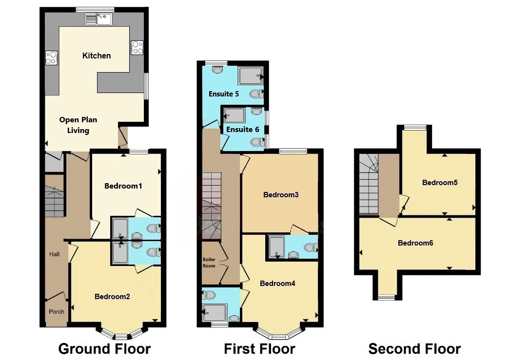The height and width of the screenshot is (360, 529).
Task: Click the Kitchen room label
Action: click(97, 56)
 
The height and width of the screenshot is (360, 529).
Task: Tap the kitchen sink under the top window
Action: click(99, 19)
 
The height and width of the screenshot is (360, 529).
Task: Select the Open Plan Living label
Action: click(78, 125)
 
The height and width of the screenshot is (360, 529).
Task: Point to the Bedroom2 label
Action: click(112, 296)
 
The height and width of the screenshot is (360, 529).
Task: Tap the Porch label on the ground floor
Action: click(57, 312)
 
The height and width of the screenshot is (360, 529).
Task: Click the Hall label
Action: click(54, 254)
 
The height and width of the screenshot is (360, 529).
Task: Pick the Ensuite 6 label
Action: click(242, 130)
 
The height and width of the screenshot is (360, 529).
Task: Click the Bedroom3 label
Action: click(281, 195)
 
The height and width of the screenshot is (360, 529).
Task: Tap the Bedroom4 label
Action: click(277, 284)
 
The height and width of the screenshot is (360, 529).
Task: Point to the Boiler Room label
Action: click(209, 263)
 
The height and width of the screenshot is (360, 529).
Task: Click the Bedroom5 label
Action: click(440, 183)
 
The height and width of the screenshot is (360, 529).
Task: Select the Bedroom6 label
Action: click(415, 243)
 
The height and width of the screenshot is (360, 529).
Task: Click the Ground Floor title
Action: click(104, 349)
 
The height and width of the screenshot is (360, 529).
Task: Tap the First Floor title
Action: click(259, 349)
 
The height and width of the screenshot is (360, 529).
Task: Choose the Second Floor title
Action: click(414, 349)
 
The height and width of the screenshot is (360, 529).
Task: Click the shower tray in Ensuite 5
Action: click(251, 76)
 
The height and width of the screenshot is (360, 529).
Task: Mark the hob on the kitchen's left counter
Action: click(52, 58)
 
